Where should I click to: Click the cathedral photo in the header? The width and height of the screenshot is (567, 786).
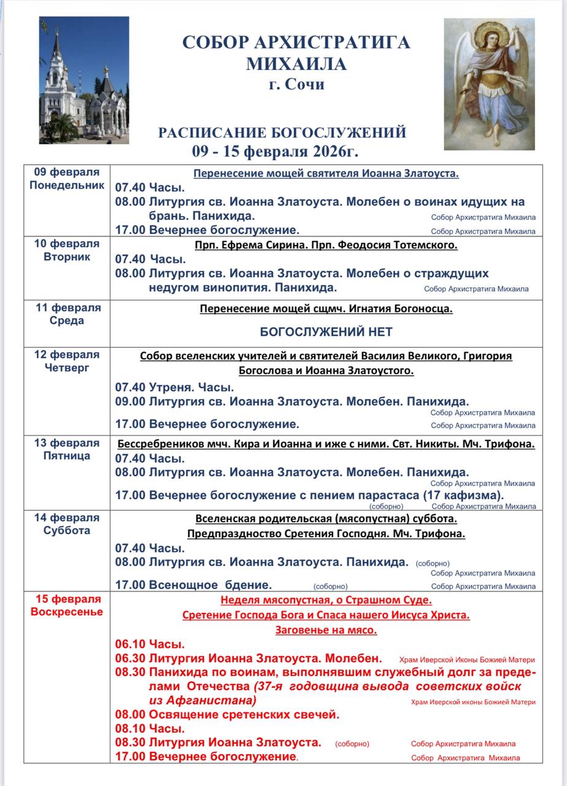(x=84, y=80)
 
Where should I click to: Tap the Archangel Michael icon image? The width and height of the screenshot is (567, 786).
(x=489, y=84)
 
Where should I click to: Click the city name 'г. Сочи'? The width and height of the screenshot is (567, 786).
(x=296, y=84)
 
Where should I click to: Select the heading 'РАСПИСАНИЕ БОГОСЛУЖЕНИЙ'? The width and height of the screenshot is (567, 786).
(x=282, y=133)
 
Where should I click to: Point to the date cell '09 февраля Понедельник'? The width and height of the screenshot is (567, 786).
(x=67, y=179)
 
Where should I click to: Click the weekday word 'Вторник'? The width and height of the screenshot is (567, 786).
(x=67, y=257)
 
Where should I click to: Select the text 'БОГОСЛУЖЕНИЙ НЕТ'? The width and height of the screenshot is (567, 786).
(x=326, y=332)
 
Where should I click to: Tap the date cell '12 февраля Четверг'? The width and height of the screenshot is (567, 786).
(x=67, y=361)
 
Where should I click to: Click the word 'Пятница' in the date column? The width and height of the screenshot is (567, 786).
(x=67, y=456)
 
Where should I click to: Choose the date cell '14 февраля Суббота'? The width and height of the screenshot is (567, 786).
(x=67, y=524)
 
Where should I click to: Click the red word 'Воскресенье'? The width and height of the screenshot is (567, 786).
(x=67, y=612)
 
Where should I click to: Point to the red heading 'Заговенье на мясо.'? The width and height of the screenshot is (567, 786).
(x=326, y=630)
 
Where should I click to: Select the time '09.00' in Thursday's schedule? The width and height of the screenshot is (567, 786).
(x=130, y=402)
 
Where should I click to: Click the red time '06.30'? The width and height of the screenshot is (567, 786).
(x=130, y=658)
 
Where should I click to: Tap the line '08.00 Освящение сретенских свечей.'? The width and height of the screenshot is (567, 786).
(x=227, y=715)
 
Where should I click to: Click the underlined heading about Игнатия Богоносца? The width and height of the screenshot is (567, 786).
(x=326, y=309)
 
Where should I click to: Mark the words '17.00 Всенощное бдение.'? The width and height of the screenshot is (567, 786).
(x=193, y=585)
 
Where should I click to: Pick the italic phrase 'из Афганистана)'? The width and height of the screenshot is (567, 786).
(x=202, y=701)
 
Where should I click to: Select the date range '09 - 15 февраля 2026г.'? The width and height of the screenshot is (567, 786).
(x=275, y=150)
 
